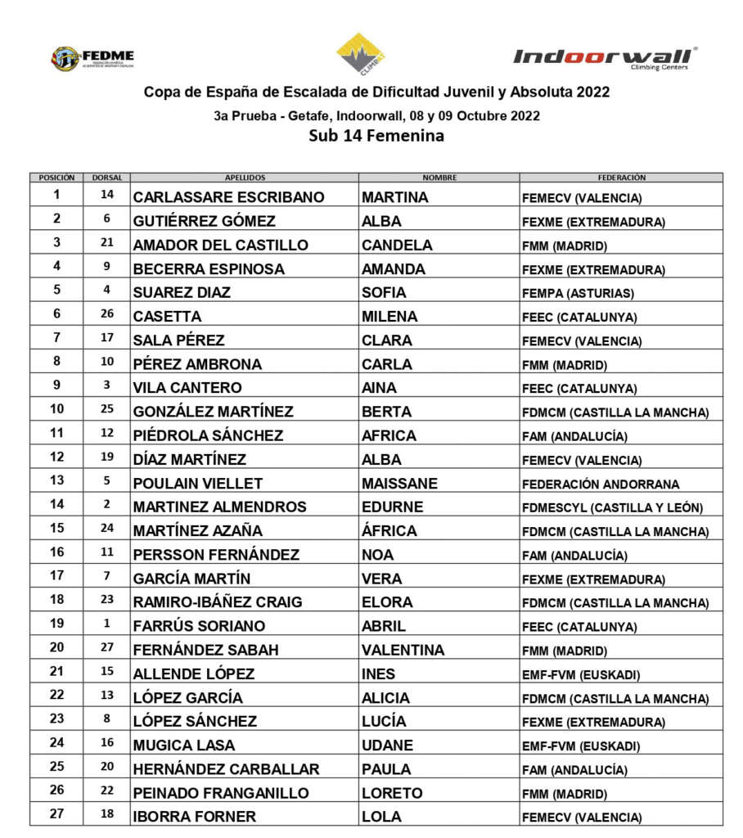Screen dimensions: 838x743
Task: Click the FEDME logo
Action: pos(92,58)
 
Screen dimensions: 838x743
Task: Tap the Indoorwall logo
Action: pos(605,57)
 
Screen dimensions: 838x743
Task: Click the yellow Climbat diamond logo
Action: pos(361,54)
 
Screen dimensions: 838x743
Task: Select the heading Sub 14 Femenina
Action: pos(376,136)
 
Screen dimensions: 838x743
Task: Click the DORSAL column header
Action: pos(106,177)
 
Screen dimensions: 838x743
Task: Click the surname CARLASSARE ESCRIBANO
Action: pos(228,197)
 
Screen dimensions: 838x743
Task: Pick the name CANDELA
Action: pos(397,245)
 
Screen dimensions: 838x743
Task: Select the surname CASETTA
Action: pos(167,317)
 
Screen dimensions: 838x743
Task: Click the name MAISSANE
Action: pos(399,483)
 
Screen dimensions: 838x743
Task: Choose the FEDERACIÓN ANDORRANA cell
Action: pos(601,484)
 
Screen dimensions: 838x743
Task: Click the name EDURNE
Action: pos(392,507)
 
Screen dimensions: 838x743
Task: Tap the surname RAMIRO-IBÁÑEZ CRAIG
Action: pos(218,602)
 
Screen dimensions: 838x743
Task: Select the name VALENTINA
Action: pos(403,650)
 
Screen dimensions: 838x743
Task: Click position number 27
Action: pos(56,816)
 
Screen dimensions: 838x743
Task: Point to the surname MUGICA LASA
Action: pos(183,746)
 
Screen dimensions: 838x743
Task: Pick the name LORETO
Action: pos(392,793)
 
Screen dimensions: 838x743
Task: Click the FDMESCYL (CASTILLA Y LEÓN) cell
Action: pos(613,507)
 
